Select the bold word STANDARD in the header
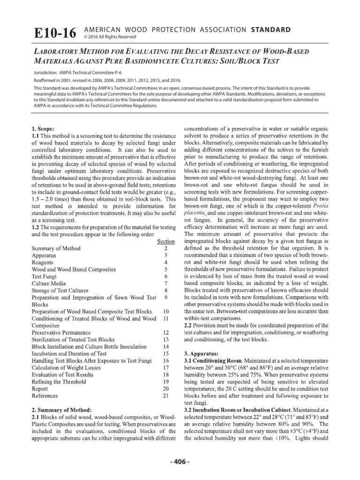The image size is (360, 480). pyautogui.click(x=271, y=29)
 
